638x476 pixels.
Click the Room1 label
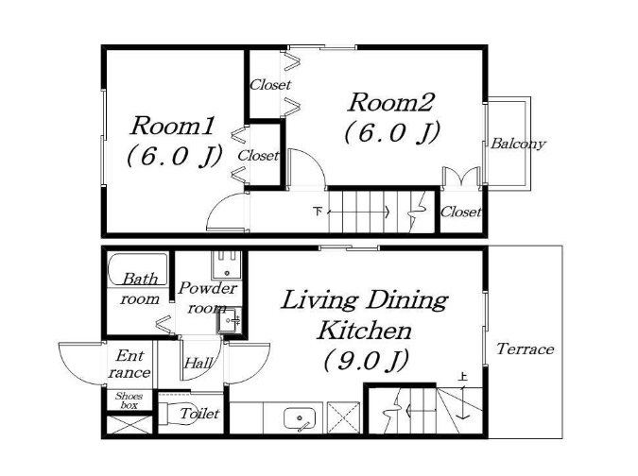pos(172,126)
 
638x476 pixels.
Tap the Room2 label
pos(391,102)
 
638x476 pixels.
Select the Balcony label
pos(518,144)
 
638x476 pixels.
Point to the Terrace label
pos(525,348)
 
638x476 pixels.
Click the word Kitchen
pos(364,331)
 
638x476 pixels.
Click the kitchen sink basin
pos(300,418)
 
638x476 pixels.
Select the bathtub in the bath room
pos(138,268)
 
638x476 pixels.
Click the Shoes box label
pos(129,400)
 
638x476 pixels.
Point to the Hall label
pos(198,363)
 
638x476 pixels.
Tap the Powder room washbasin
pos(229,321)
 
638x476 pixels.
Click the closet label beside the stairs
pos(461,212)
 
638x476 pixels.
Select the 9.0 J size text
pos(366,361)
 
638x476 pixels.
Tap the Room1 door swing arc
pos(219,202)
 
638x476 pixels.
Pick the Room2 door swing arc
pos(314,159)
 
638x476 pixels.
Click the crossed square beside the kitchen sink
pos(344,417)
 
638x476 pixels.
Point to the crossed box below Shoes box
pos(129,424)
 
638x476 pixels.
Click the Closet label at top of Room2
pos(270,85)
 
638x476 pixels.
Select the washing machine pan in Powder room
pos(226,264)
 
